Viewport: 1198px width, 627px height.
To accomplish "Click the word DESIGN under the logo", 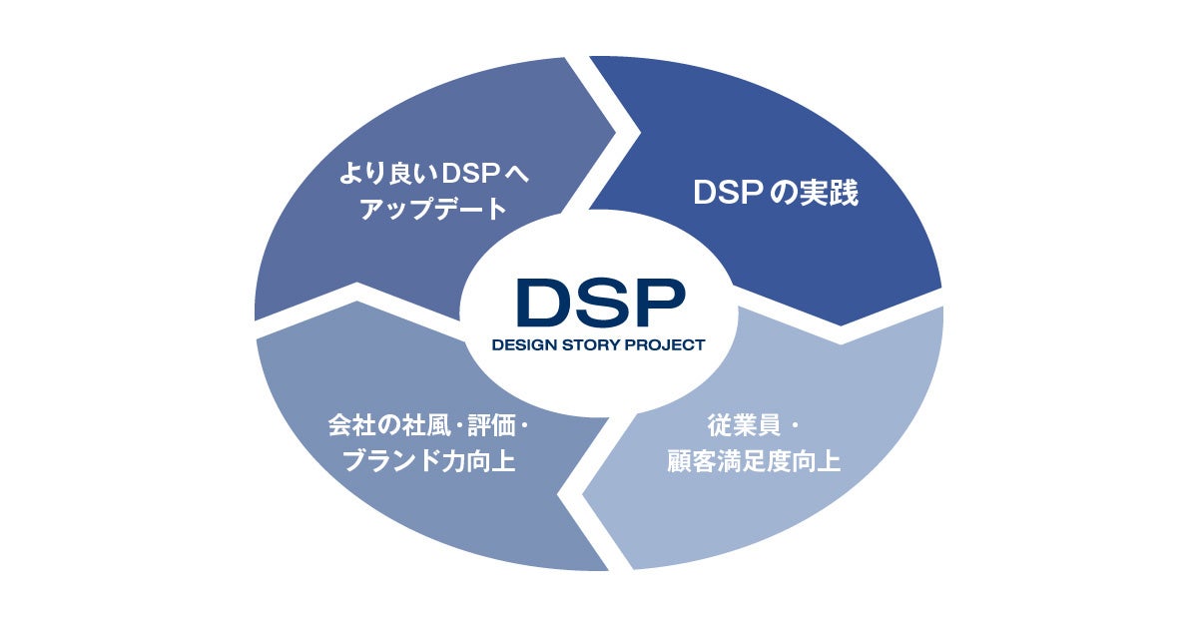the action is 523,345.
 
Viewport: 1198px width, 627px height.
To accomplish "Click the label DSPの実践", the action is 776,194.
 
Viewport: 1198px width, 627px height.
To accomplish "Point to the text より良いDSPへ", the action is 434,174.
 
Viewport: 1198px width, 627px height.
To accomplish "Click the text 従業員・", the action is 752,425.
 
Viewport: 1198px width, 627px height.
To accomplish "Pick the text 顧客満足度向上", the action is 753,461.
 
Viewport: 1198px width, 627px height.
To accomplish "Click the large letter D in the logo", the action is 543,302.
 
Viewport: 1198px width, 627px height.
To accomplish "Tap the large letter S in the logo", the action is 602,302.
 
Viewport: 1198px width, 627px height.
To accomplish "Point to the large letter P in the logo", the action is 658,302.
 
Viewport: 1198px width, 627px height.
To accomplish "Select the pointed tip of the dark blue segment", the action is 841,323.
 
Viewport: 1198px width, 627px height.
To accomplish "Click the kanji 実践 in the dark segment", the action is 830,194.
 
